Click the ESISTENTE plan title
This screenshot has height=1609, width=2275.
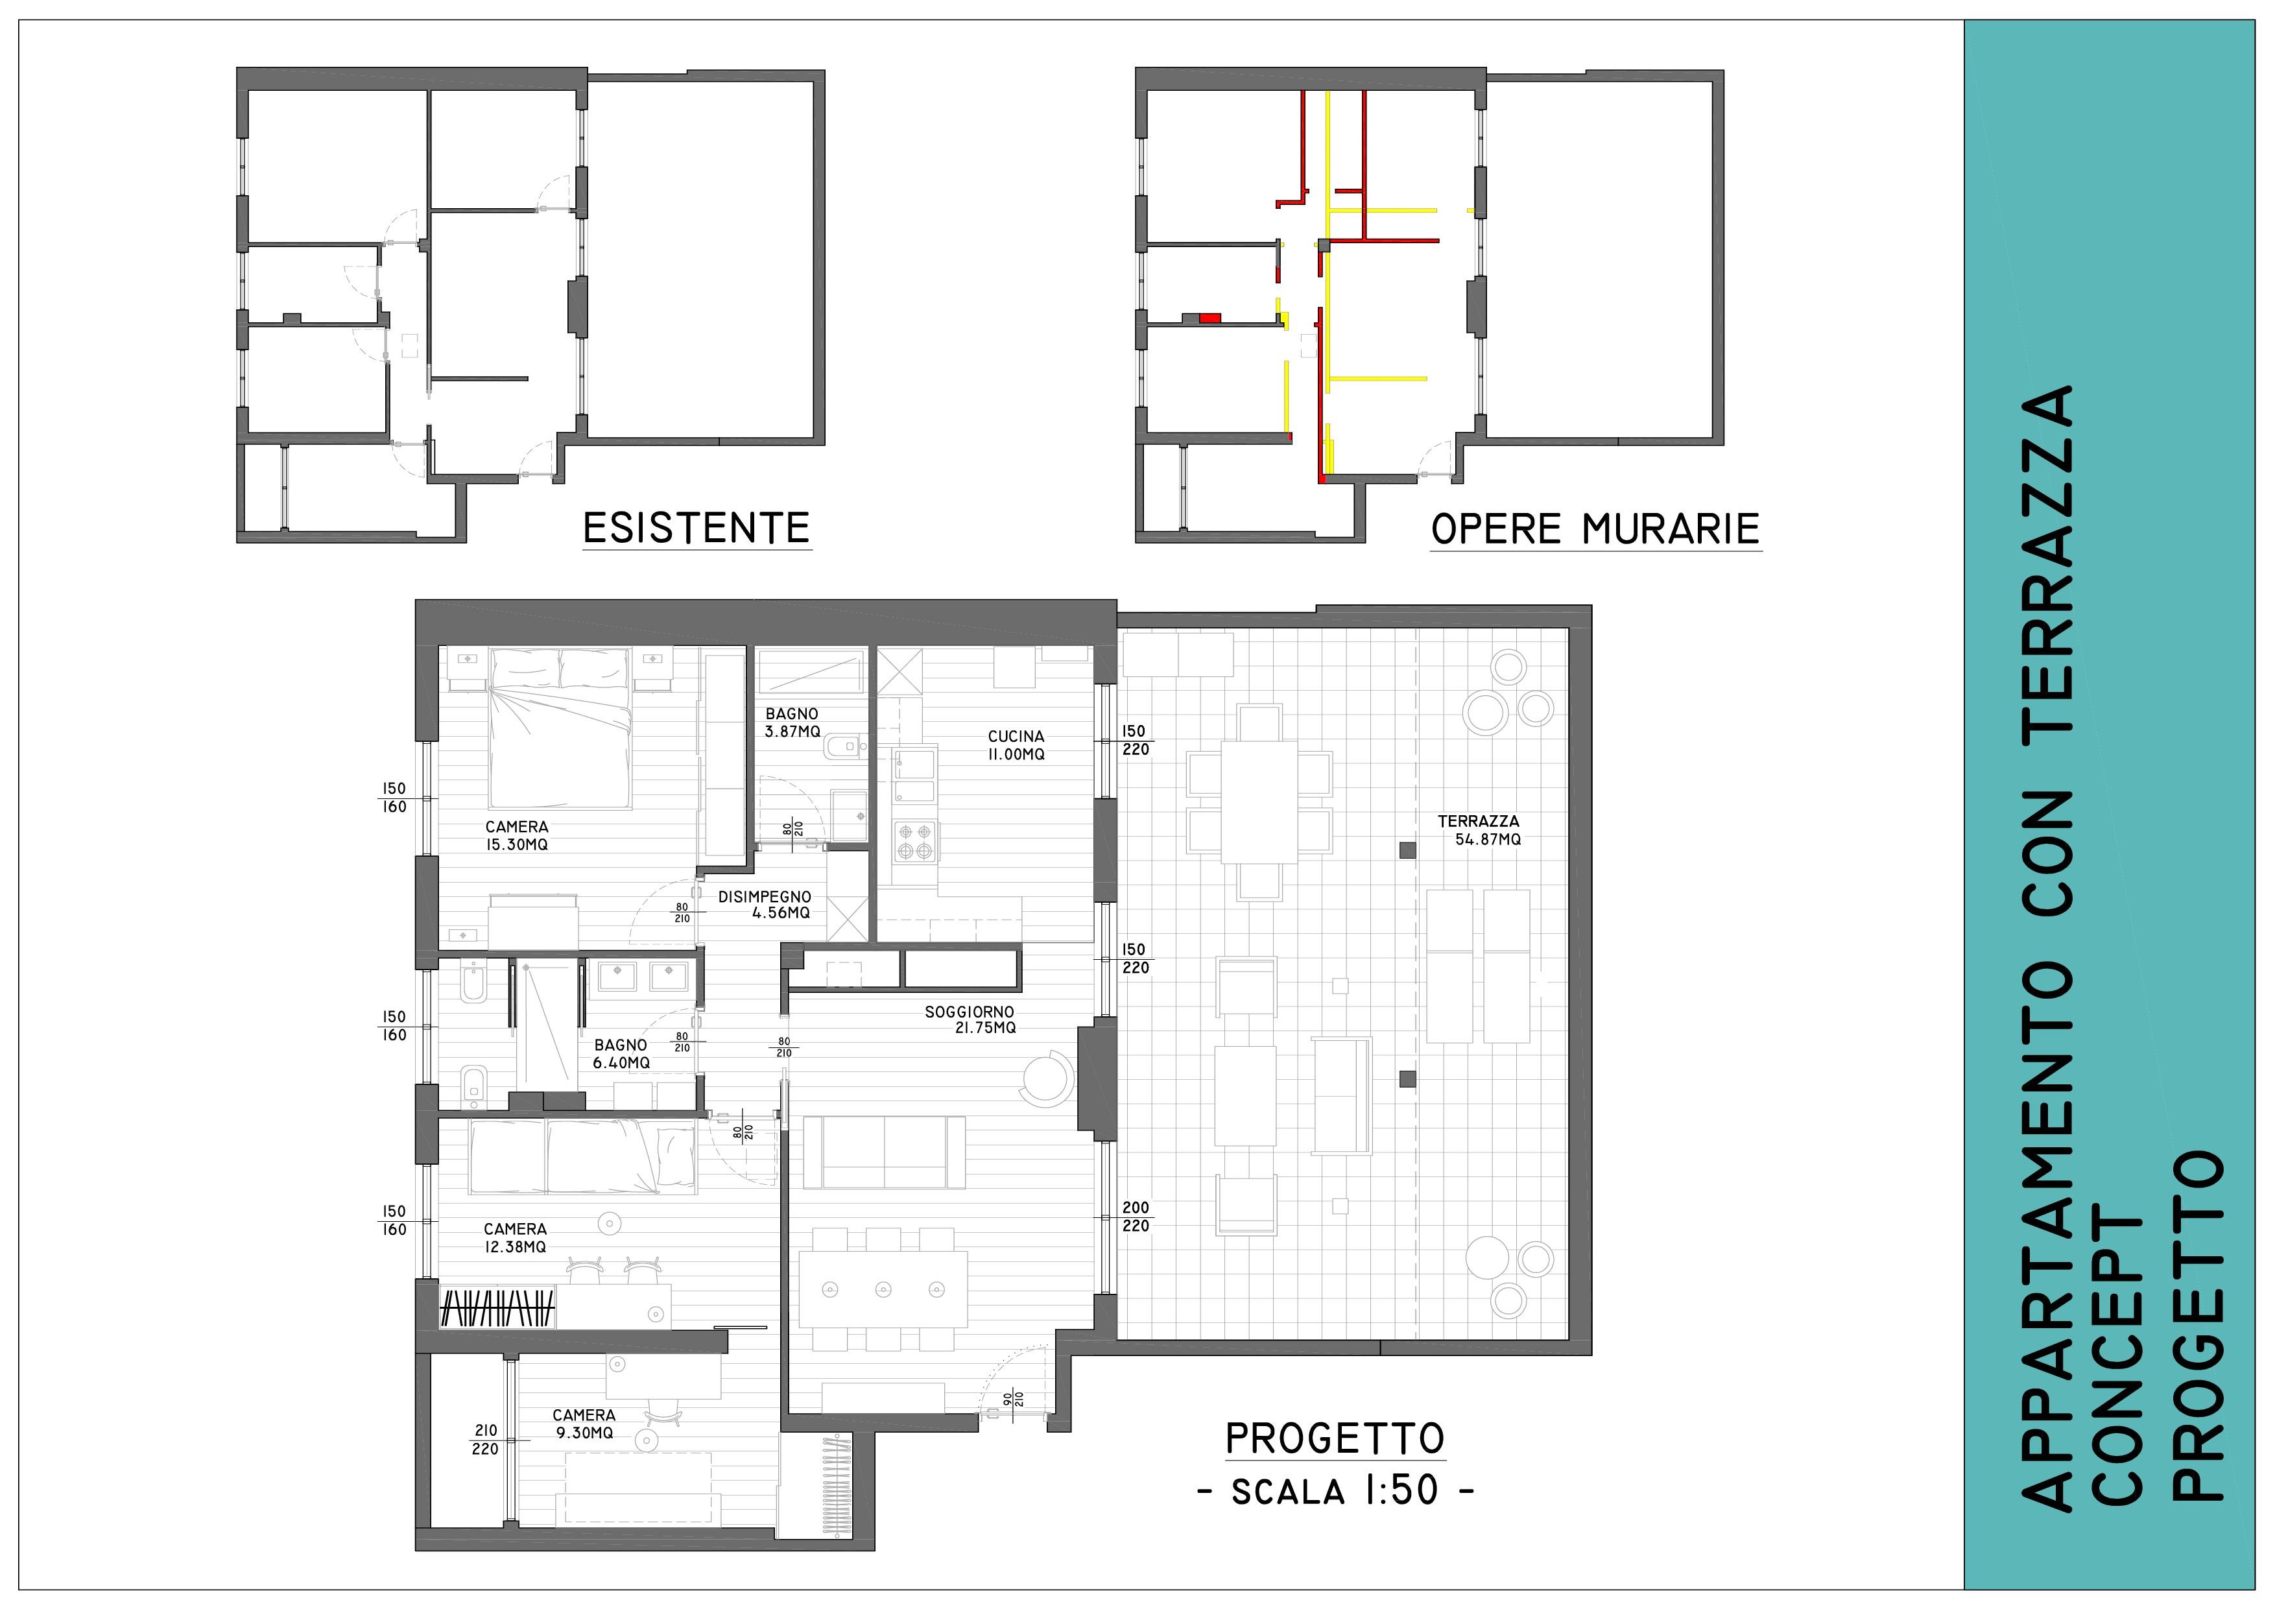coord(697,528)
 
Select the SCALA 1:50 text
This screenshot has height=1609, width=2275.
coord(1336,1491)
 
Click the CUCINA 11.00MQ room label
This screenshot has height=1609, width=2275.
coord(1016,745)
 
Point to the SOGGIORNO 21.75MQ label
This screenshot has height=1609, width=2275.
coord(970,1019)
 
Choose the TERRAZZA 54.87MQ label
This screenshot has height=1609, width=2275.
coord(1481,830)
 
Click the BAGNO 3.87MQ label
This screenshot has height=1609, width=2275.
coord(792,722)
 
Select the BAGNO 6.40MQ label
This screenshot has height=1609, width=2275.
coord(621,1054)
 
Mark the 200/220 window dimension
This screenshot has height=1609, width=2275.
coord(1136,1217)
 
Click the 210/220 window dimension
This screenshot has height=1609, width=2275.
coord(486,1440)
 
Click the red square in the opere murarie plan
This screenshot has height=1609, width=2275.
coord(1210,318)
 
